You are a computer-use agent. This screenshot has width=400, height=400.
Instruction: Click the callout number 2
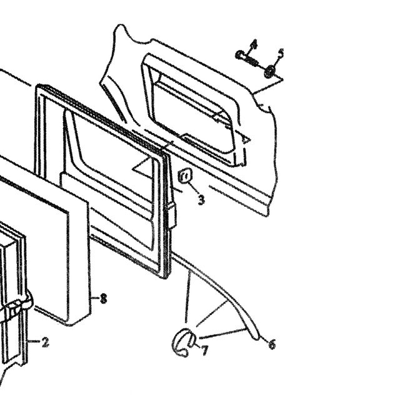[46, 342]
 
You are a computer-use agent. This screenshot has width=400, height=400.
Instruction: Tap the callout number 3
[201, 200]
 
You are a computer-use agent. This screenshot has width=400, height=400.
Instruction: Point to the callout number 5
[281, 53]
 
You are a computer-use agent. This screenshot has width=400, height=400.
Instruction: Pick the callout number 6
[272, 344]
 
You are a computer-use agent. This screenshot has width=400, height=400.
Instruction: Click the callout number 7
[204, 351]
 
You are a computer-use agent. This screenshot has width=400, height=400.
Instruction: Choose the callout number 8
[103, 298]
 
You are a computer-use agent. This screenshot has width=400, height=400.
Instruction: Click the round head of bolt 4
[239, 54]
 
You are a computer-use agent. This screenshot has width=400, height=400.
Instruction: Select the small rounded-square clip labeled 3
[185, 176]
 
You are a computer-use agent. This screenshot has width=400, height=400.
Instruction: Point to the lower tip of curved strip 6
[256, 339]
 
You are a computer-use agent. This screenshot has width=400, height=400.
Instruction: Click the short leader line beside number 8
[96, 297]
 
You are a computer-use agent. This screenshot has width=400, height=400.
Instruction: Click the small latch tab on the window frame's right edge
[172, 216]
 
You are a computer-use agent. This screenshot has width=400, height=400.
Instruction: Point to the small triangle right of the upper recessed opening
[246, 139]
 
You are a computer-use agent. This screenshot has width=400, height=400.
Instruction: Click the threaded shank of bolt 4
[251, 61]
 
